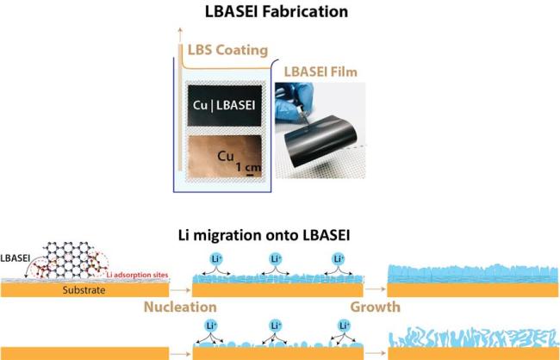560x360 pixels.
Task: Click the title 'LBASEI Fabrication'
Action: [x=276, y=11]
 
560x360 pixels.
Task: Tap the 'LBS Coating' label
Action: [x=227, y=50]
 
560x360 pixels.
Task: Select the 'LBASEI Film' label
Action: [x=320, y=72]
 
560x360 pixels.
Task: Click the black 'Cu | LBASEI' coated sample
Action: [x=225, y=105]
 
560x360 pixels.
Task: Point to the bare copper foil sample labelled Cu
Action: [x=225, y=157]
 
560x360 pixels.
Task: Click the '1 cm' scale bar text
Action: [x=249, y=167]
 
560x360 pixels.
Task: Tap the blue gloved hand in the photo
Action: [x=294, y=101]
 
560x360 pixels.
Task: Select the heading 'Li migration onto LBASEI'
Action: [x=264, y=235]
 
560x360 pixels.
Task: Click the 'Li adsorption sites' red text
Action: [x=138, y=276]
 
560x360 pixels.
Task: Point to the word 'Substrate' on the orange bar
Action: [x=84, y=290]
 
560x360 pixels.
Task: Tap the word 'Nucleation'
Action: [x=180, y=307]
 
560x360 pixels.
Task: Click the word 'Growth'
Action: [x=375, y=307]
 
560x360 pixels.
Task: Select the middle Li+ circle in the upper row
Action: [x=276, y=259]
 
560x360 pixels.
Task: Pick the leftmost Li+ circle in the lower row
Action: [x=211, y=326]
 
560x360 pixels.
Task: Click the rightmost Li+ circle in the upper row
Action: [x=339, y=259]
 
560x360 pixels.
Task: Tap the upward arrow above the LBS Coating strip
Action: [x=180, y=35]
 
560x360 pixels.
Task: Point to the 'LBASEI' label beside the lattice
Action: [x=15, y=258]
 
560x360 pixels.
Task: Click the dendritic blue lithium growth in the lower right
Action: [x=473, y=338]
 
